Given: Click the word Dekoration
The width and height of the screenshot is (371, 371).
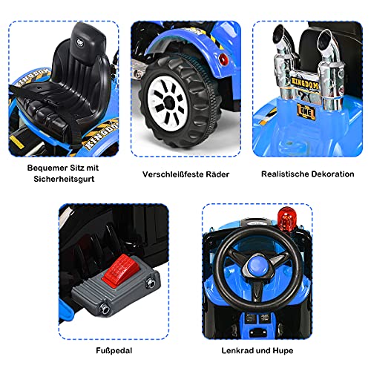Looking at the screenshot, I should click(x=331, y=174).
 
